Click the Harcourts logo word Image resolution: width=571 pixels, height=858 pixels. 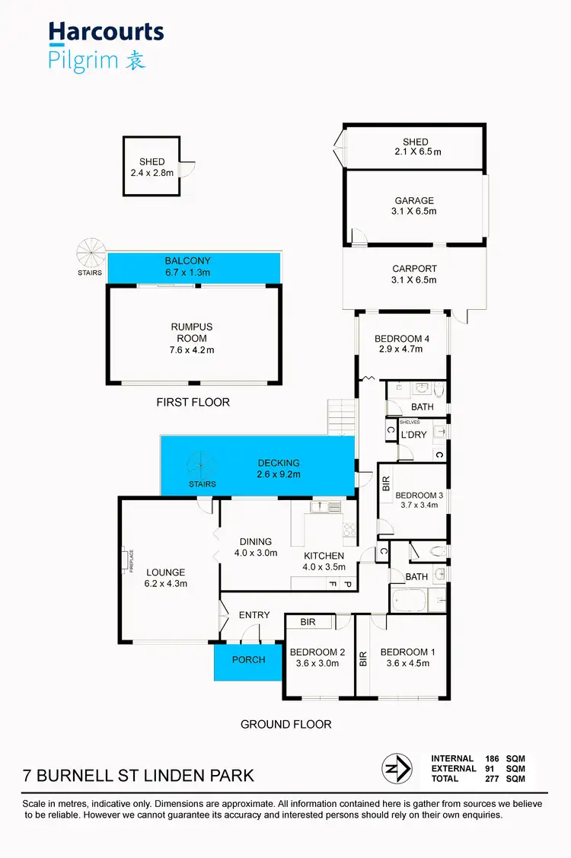pos(106,32)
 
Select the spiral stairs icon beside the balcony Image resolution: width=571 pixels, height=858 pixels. pos(91,252)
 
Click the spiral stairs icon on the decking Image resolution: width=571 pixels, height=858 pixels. pos(202,464)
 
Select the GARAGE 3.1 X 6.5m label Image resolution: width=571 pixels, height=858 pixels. pos(414,206)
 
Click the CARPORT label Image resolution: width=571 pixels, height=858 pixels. pos(414,274)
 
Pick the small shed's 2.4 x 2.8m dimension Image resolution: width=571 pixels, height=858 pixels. pos(152,173)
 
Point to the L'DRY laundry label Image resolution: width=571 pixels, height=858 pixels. pos(413,435)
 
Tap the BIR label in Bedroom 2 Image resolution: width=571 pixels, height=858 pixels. pos(308,622)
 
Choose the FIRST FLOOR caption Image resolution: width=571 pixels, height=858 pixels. pos(193,402)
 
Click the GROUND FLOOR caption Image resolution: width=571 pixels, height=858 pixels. pos(285,724)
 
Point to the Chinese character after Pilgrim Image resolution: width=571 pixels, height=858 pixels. pos(135,60)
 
